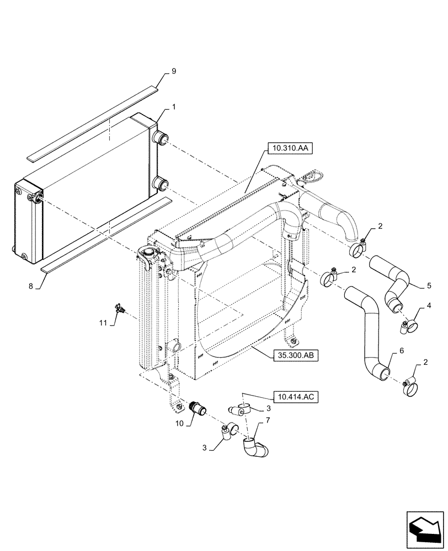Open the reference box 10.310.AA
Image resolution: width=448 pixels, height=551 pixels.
click(290, 148)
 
